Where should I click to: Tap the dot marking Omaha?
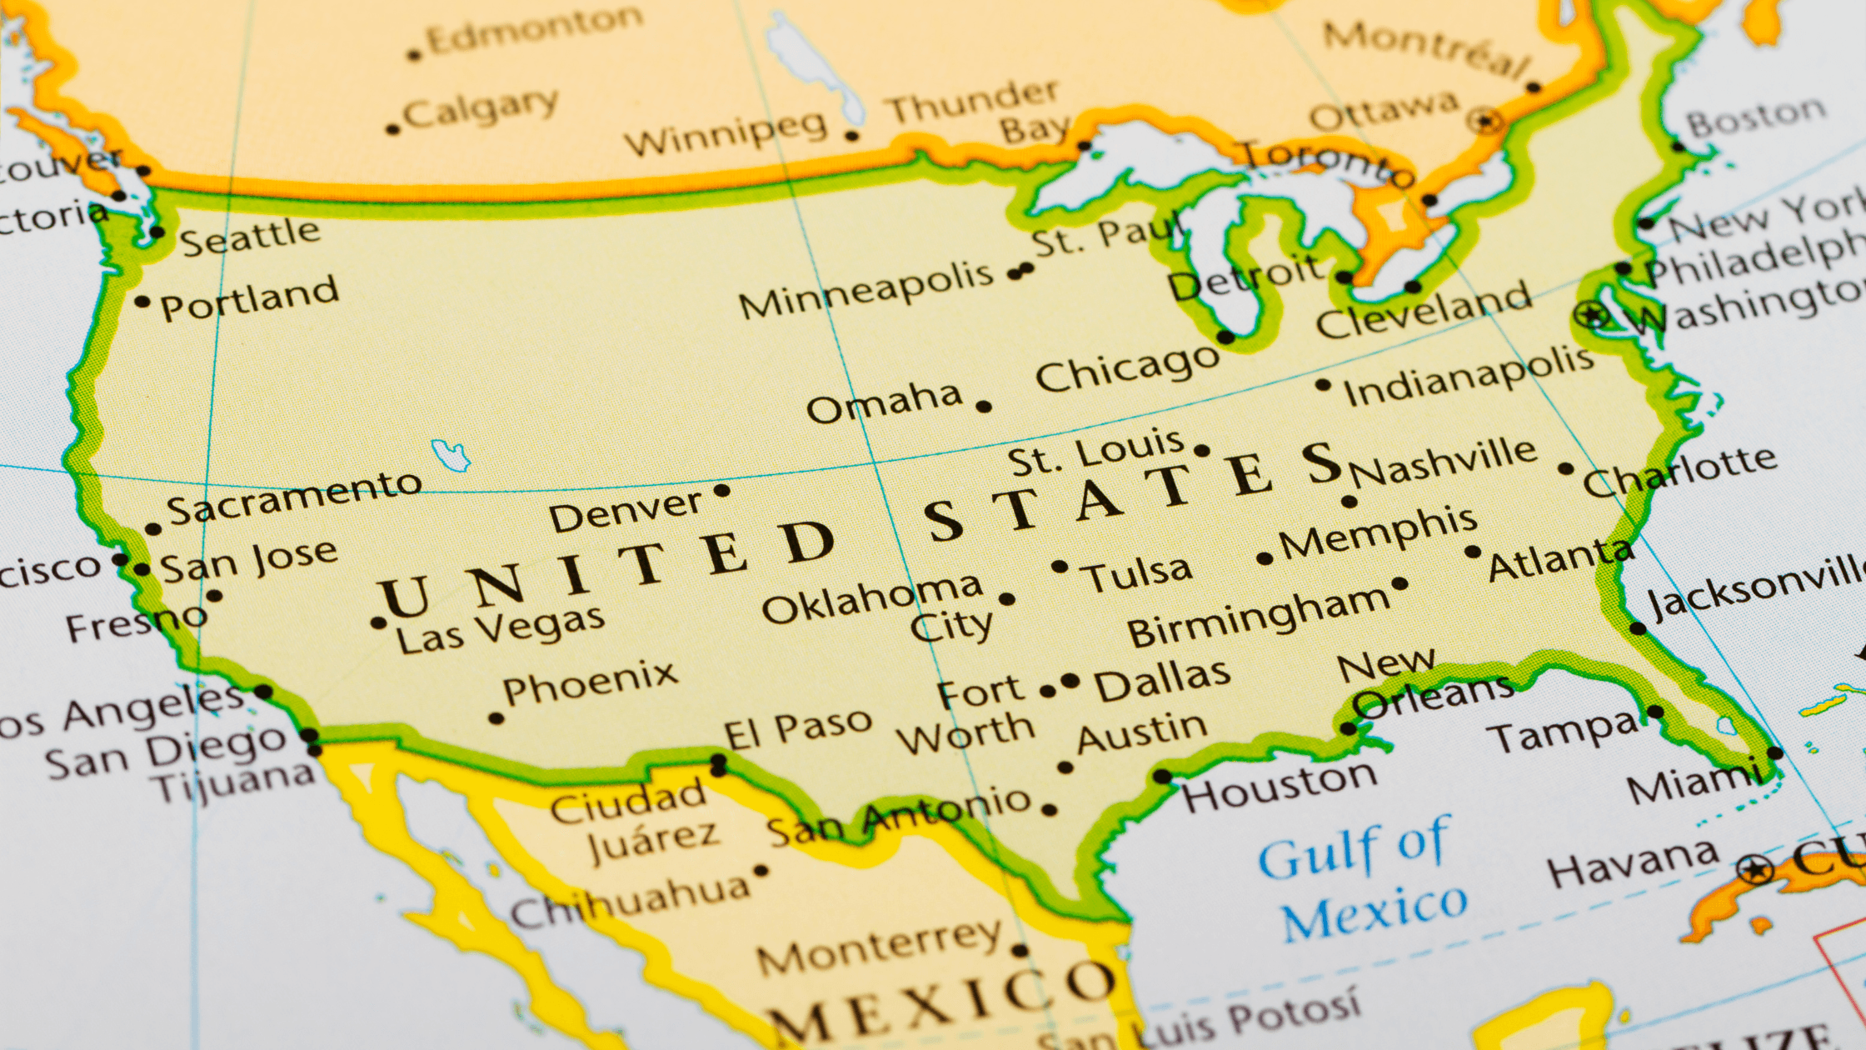pyautogui.click(x=984, y=407)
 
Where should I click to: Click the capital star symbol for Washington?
pyautogui.click(x=1592, y=315)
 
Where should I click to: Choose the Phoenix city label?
pyautogui.click(x=590, y=683)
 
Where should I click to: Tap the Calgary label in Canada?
pyautogui.click(x=481, y=108)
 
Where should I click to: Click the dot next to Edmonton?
pyautogui.click(x=414, y=56)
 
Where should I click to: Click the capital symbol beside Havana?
pyautogui.click(x=1756, y=870)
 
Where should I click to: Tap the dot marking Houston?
pyautogui.click(x=1162, y=777)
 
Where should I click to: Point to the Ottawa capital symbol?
pyautogui.click(x=1486, y=122)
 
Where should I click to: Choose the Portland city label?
pyautogui.click(x=250, y=298)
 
